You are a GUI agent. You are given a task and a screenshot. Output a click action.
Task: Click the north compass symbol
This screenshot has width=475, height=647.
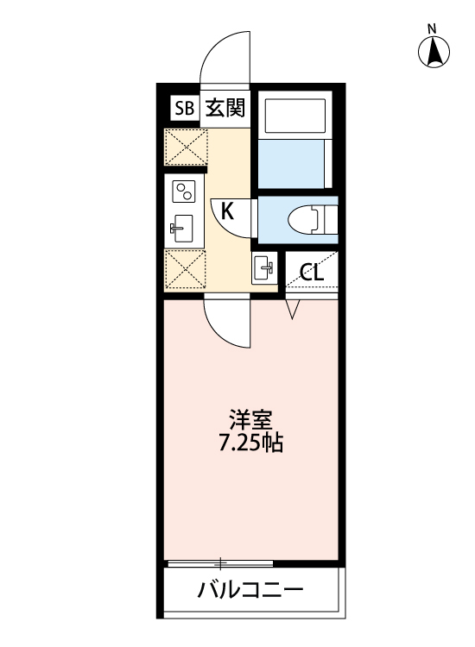[435, 52]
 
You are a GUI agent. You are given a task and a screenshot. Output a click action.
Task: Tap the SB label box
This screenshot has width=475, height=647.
[183, 108]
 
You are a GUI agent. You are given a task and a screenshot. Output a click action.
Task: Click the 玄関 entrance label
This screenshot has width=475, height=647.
[225, 108]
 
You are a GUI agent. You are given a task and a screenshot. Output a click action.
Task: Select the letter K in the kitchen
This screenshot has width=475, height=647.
[226, 210]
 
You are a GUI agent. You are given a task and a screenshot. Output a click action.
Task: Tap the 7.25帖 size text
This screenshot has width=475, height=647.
[251, 445]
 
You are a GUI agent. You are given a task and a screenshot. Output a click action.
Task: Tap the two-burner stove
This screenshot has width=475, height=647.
[185, 192]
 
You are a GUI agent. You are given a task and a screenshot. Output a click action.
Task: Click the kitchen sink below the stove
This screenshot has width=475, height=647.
[184, 229]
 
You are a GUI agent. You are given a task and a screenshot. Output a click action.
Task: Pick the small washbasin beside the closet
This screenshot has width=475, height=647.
[263, 267]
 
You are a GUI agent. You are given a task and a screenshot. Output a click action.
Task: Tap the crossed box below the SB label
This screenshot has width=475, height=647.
[185, 148]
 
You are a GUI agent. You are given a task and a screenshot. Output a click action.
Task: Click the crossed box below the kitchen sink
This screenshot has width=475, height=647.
[185, 269]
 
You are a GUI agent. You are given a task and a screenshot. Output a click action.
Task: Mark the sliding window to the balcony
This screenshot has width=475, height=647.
[221, 563]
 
